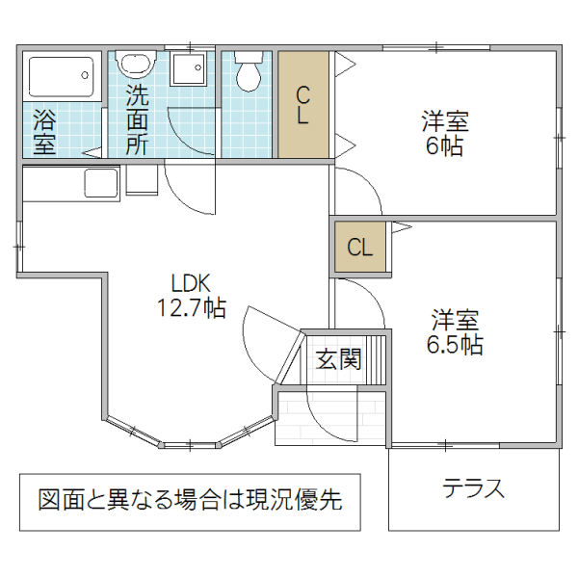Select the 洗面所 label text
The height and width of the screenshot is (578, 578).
click(x=137, y=120)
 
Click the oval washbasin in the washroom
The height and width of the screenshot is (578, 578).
click(x=136, y=66)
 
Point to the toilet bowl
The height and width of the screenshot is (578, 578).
click(x=250, y=71)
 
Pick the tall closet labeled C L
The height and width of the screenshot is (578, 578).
click(x=302, y=105)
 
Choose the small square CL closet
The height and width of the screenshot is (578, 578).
click(x=359, y=247)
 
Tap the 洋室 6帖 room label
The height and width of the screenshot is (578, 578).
click(x=444, y=134)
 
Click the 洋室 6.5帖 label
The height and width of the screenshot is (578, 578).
click(x=455, y=331)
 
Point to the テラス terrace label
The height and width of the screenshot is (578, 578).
click(x=474, y=487)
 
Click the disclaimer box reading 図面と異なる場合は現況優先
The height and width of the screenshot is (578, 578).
click(x=190, y=501)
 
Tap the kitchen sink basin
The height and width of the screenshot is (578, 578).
click(x=100, y=180)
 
